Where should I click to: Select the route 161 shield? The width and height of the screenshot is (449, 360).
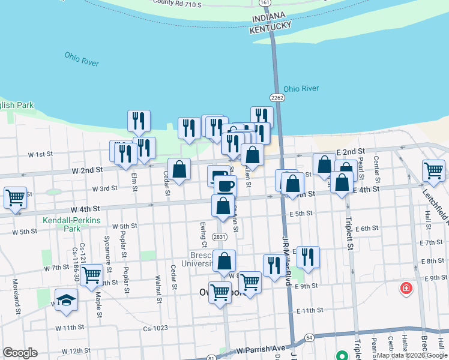point(265,4)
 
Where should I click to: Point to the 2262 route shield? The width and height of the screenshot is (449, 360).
point(277,97)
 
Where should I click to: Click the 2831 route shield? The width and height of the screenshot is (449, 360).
point(220,237)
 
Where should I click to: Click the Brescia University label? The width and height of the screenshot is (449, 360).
point(196,259)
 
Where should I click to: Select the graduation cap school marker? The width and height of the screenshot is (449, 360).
point(65,299)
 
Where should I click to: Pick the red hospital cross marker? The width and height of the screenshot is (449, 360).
point(407,289)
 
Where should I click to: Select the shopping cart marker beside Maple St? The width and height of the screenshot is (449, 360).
point(92,275)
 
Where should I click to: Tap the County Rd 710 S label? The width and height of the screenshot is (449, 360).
point(176,3)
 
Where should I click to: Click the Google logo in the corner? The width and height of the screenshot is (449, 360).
point(20,352)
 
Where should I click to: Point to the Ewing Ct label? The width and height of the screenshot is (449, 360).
point(203,233)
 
